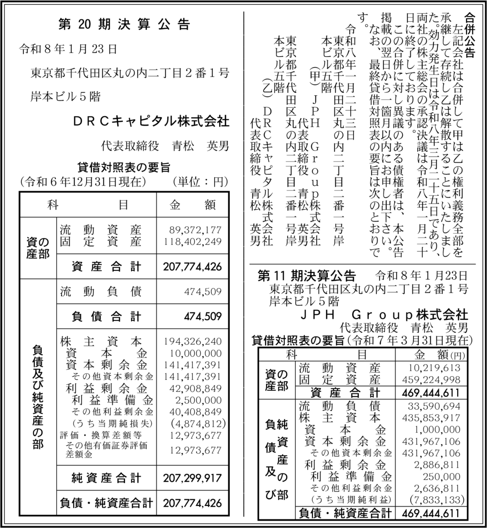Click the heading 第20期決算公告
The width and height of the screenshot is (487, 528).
[x=124, y=25]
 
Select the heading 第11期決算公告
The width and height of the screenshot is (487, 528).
[x=307, y=276]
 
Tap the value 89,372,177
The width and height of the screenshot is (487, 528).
[x=195, y=230]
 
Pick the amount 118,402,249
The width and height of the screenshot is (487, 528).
[x=193, y=242]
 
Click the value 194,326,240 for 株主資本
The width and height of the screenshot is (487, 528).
[x=193, y=341]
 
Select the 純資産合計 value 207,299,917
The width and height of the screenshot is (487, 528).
[x=192, y=478]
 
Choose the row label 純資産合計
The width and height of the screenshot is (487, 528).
[x=106, y=478]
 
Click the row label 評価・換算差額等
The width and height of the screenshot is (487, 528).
[x=101, y=435]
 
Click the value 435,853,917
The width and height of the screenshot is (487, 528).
[x=431, y=418]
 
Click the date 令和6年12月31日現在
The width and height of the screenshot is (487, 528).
[x=83, y=182]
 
